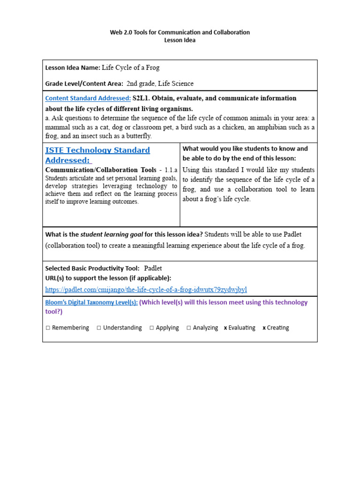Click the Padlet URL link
click(146, 289)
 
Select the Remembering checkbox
click(48, 328)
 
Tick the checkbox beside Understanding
click(99, 328)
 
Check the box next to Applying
click(152, 328)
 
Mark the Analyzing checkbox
click(188, 328)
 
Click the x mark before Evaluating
click(225, 328)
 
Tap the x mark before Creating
click(264, 328)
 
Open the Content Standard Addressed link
click(88, 98)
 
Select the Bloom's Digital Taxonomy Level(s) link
click(91, 302)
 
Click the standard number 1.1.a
click(170, 170)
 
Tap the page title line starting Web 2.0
click(180, 32)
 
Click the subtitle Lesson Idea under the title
click(180, 40)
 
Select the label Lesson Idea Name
click(72, 68)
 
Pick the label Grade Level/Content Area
click(84, 84)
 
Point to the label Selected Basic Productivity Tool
click(92, 269)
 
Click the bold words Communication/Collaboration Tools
click(101, 170)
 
